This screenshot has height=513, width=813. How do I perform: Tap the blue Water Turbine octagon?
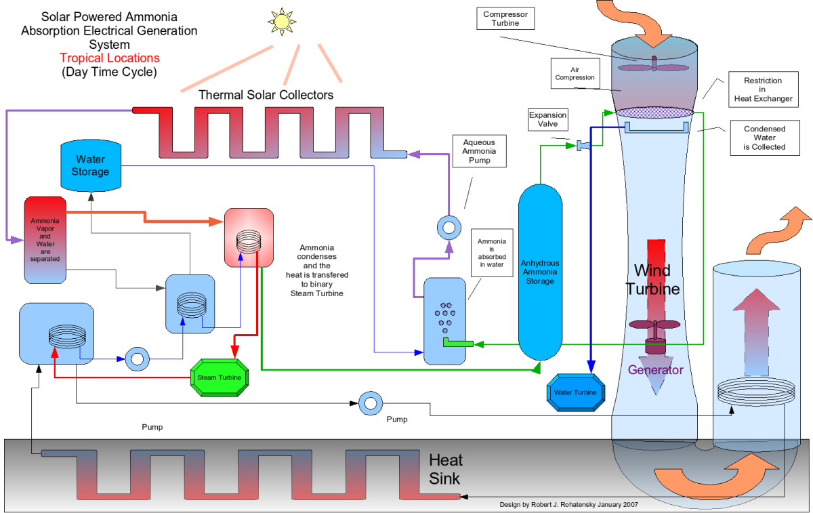575,392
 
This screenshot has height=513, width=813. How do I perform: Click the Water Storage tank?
90,165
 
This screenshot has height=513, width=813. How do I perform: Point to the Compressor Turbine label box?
505,18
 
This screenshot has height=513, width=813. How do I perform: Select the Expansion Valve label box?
547,120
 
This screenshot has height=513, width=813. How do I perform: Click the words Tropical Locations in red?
109,58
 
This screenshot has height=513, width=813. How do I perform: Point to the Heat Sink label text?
446,469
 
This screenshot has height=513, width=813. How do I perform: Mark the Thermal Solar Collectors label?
266,95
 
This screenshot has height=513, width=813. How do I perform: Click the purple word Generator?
655,370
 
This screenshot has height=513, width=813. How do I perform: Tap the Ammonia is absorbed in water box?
491,251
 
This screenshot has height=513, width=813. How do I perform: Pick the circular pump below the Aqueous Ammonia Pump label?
447,226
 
